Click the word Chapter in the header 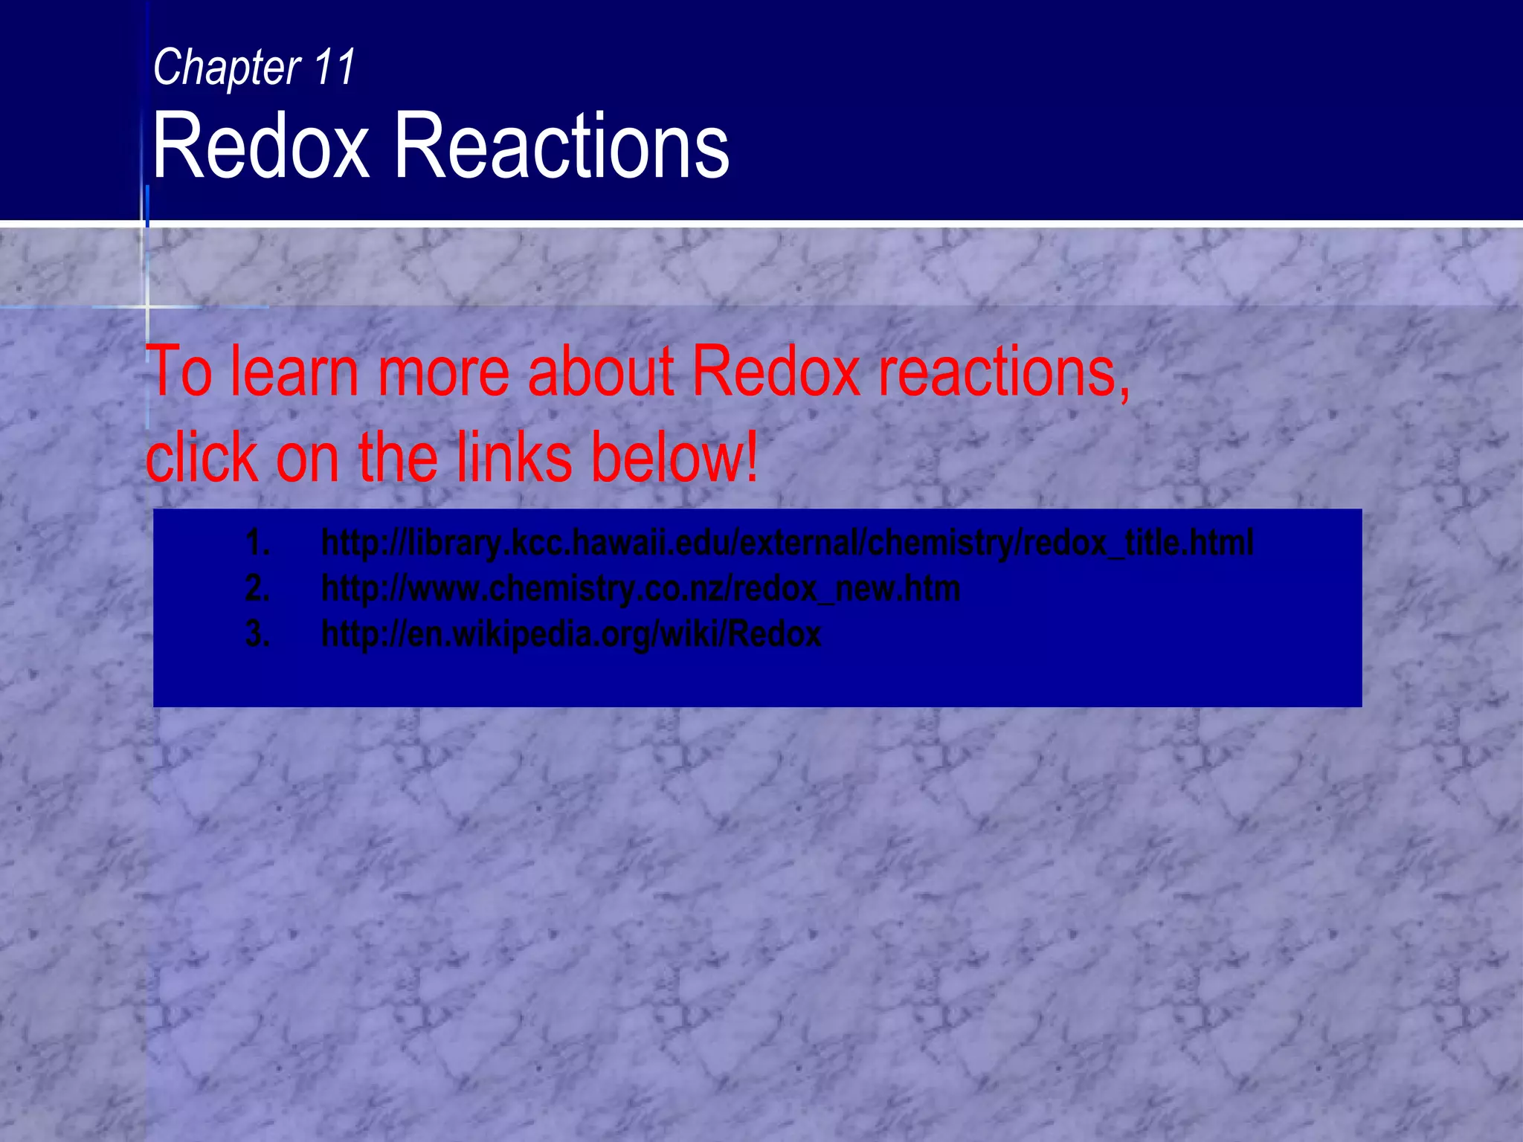226,68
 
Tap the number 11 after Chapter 335,68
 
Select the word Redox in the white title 260,145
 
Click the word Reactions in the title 561,145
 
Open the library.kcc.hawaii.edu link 787,542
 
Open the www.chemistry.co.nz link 640,588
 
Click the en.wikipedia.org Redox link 571,634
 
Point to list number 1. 257,542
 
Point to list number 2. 257,588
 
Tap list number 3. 257,634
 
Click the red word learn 294,371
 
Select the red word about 601,371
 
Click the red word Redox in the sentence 776,371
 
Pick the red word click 202,457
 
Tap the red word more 443,371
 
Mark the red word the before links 398,457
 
